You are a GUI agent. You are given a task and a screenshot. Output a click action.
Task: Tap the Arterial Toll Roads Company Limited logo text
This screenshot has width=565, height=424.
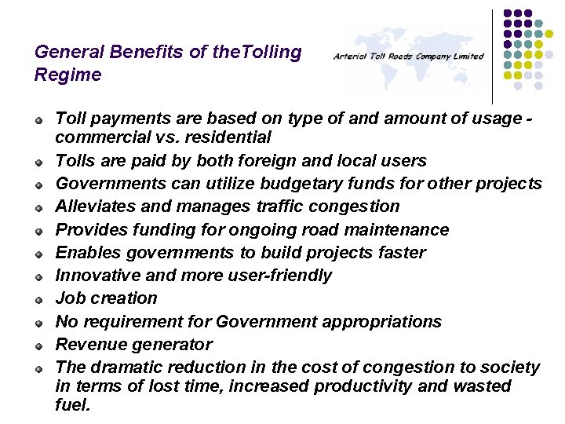pyautogui.click(x=408, y=57)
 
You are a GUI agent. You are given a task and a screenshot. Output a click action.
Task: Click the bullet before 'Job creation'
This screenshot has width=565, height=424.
pyautogui.click(x=38, y=300)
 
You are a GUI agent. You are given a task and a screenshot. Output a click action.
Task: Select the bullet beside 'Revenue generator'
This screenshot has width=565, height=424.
pyautogui.click(x=38, y=345)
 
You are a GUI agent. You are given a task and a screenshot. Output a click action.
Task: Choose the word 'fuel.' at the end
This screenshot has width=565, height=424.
pyautogui.click(x=73, y=405)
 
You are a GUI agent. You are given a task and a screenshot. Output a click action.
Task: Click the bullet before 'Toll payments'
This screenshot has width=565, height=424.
pyautogui.click(x=38, y=119)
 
